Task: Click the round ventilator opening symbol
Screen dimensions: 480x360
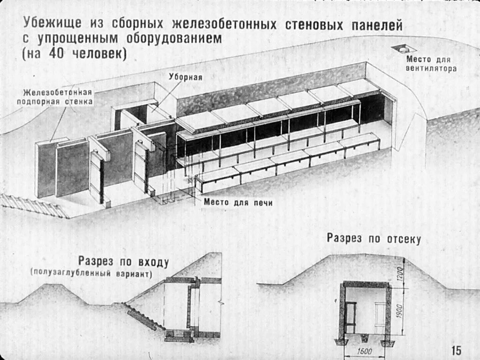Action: click(404, 48)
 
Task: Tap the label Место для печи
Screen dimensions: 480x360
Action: click(238, 202)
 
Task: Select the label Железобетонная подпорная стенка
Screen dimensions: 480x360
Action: click(55, 97)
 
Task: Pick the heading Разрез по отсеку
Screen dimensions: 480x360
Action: click(374, 239)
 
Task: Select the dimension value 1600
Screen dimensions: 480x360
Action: click(365, 352)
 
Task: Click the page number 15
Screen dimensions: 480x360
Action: click(456, 350)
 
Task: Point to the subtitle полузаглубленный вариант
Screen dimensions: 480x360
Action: click(92, 273)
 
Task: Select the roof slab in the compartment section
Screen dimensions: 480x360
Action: click(366, 284)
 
